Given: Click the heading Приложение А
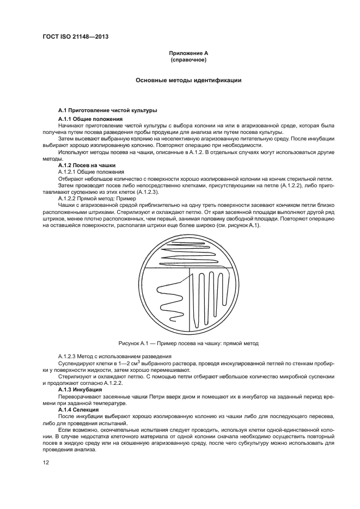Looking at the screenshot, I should coord(188,53).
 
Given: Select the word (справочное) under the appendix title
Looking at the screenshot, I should coord(188,59).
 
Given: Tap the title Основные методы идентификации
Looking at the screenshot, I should coord(188,80).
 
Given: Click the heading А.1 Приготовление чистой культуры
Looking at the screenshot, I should coord(107,111).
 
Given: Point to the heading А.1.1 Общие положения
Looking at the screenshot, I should coord(90,119).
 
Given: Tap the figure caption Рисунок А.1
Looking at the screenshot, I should coord(188,344).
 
